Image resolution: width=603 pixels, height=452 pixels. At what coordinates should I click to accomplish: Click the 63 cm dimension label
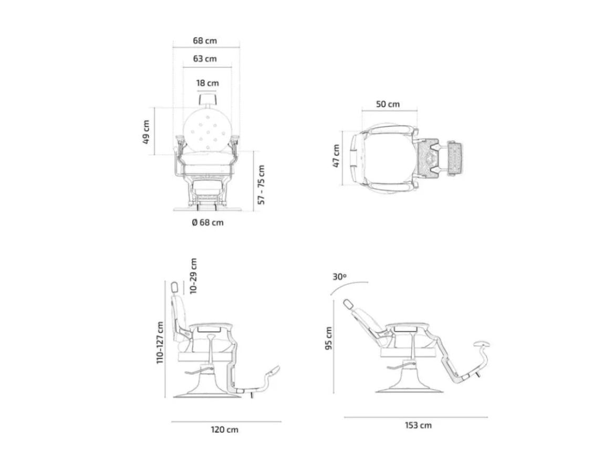pos(205,59)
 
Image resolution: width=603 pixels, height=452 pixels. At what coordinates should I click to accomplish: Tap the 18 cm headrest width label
pos(207,83)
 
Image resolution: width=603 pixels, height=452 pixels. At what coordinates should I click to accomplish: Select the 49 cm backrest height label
pos(145,132)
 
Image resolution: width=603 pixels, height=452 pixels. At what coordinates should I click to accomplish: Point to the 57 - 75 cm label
pos(261,184)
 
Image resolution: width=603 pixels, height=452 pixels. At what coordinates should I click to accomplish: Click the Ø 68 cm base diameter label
pos(207,222)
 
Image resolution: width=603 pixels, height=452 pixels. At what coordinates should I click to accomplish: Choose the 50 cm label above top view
pos(388,104)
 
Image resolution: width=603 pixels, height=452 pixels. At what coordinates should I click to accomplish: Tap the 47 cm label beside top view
pos(336,156)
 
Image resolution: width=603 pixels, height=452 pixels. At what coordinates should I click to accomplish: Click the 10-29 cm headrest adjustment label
pos(193,276)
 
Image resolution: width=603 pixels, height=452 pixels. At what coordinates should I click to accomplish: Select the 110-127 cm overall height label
pos(160,342)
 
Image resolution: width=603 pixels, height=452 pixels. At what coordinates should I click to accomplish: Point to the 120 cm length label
pos(225,430)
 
